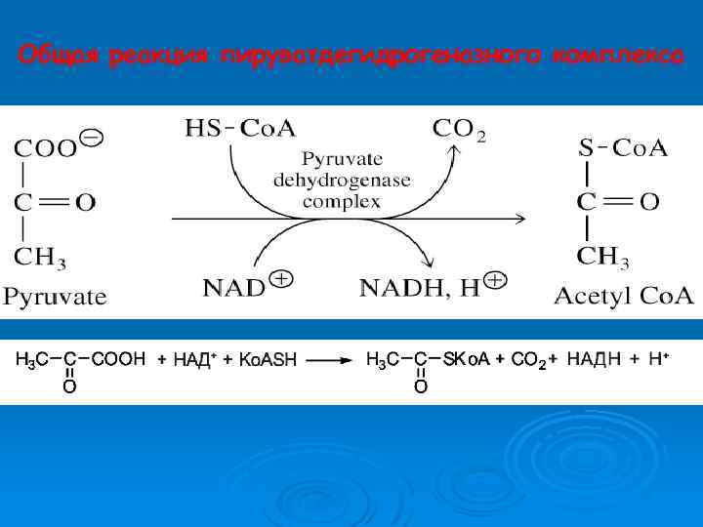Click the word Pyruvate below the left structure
pos(55,296)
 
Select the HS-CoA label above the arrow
pos(238,128)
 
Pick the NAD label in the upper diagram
pos(233,287)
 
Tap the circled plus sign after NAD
pos(281,280)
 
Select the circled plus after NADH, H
pos(495,280)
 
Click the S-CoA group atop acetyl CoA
pos(622,149)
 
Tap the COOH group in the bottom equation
pos(118,359)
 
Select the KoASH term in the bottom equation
pos(267,361)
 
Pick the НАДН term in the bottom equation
pos(594,359)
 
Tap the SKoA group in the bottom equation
pos(467,359)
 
